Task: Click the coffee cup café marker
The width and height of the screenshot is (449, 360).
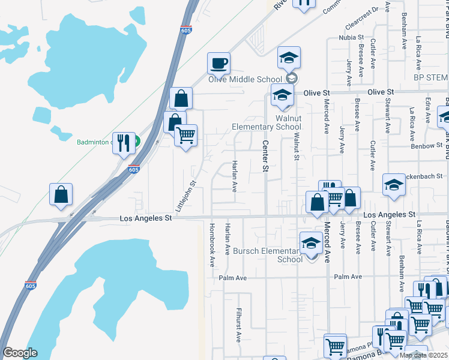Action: (x=219, y=63)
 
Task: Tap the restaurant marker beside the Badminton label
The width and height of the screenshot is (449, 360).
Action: (x=124, y=143)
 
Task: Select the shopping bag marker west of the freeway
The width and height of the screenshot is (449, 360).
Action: (x=61, y=194)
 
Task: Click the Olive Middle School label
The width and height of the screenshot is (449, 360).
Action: (x=245, y=80)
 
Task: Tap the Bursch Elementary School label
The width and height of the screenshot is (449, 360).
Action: (x=266, y=255)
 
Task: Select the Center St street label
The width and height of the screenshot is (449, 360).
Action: (x=264, y=156)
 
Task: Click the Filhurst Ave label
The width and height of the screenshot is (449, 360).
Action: (x=238, y=325)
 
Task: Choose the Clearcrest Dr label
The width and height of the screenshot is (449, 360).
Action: (x=364, y=19)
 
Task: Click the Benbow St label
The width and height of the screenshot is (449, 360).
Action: (x=427, y=146)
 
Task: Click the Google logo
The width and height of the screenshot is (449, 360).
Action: (x=20, y=353)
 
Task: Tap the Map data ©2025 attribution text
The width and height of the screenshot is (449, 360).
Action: (x=423, y=355)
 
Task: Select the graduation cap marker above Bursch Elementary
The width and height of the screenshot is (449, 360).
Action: (x=310, y=243)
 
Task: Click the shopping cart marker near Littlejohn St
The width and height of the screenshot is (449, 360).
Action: (x=186, y=135)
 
